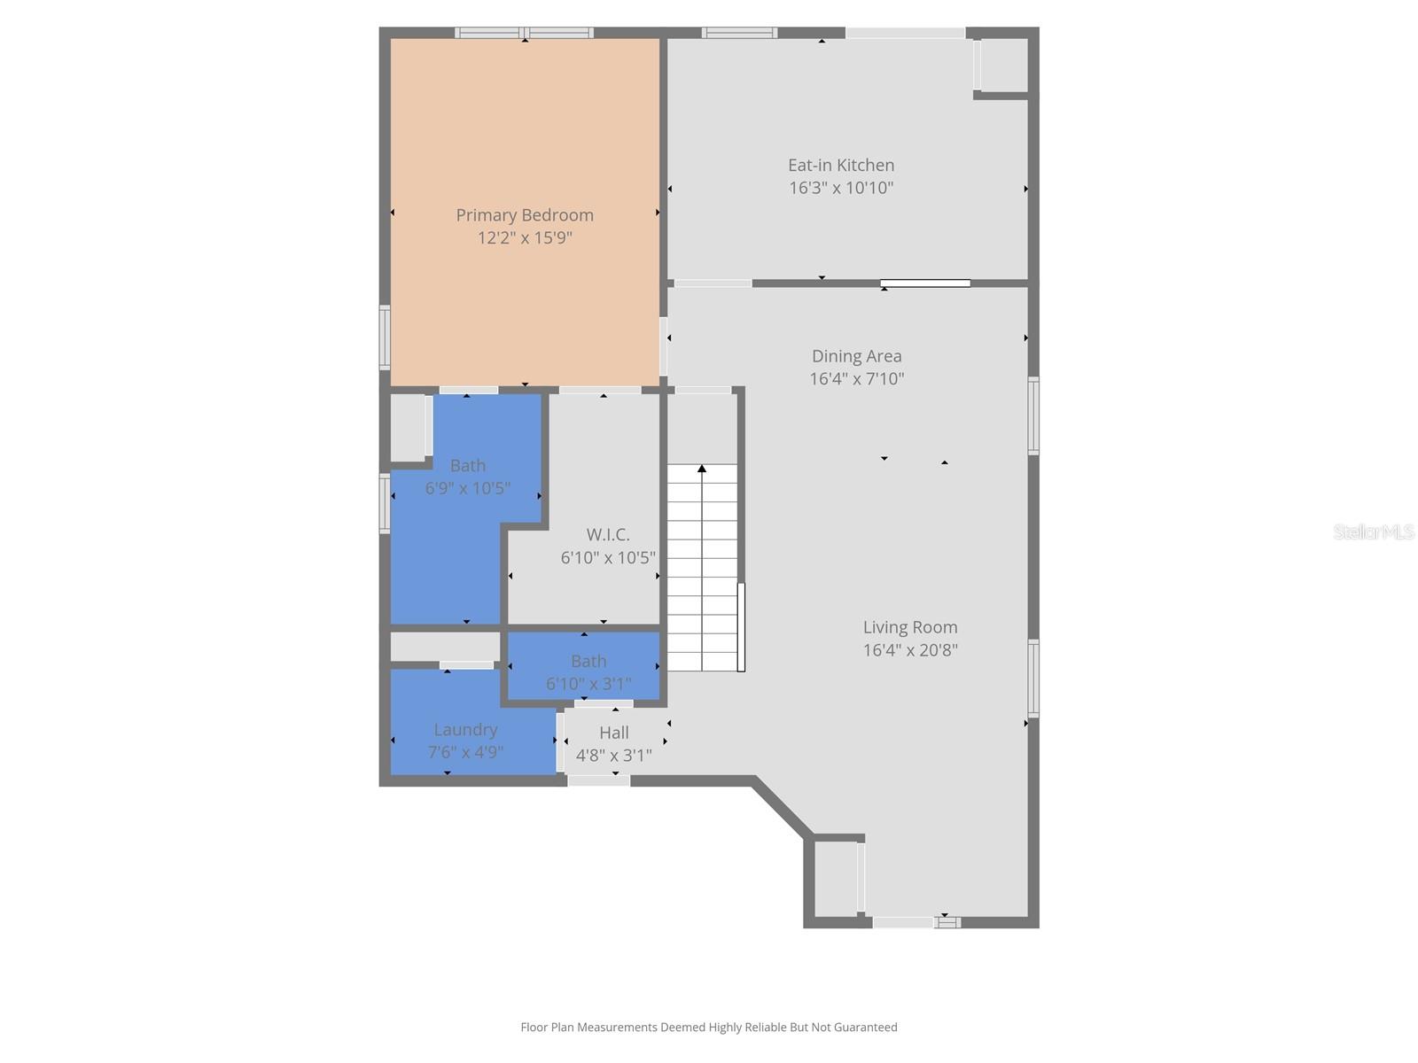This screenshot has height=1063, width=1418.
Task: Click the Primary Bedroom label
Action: tap(525, 215)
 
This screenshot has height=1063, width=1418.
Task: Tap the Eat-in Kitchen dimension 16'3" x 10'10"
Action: tap(841, 188)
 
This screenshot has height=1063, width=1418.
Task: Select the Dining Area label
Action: tap(856, 356)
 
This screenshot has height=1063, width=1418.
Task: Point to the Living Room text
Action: tap(910, 627)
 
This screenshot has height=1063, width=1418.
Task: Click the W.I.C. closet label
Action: tap(608, 535)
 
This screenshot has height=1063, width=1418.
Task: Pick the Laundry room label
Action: tap(465, 730)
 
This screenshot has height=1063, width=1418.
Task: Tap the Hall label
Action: tap(613, 733)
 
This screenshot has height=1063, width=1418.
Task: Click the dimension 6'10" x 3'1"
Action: tap(588, 684)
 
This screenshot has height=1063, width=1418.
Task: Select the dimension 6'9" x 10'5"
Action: tap(467, 488)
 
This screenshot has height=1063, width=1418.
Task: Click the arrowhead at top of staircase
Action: tap(702, 469)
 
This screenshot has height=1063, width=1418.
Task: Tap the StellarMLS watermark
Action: tap(1373, 531)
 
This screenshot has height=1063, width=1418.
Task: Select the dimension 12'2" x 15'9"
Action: tap(525, 237)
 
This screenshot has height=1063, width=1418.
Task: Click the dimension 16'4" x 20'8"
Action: tap(910, 650)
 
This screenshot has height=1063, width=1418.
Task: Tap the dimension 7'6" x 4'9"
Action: tap(465, 752)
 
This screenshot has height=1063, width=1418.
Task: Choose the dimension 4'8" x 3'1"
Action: tap(613, 756)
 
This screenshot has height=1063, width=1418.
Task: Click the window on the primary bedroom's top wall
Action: tap(525, 33)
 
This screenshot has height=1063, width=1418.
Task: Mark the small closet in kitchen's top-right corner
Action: tap(1003, 65)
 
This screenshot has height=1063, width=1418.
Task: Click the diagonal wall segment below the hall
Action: tap(782, 808)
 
